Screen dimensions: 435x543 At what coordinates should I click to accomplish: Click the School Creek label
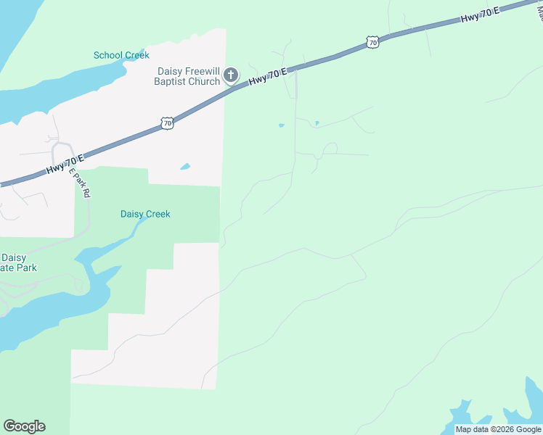pos(121,55)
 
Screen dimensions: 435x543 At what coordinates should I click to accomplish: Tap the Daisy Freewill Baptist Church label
pos(189,76)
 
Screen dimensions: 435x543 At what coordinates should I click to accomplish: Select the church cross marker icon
pos(231,75)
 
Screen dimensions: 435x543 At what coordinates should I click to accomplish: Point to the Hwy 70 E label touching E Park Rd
pos(65,163)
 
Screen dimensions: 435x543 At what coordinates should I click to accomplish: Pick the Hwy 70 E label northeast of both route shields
pos(479,16)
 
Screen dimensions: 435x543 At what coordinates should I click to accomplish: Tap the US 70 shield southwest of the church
pos(167,124)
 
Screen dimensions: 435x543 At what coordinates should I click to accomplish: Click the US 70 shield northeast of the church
pos(372,43)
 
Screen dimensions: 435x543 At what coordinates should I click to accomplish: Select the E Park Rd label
pos(81,183)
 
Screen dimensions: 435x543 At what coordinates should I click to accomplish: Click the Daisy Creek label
pos(144,214)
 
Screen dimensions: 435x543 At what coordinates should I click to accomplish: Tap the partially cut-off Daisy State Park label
pos(19,262)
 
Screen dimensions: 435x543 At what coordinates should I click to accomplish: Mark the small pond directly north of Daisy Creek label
pos(185,167)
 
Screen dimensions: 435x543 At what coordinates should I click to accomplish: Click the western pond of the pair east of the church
pos(281,125)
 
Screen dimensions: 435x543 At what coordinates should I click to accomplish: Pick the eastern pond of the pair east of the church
pos(317,123)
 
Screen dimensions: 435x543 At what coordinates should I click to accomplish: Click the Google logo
pos(24,426)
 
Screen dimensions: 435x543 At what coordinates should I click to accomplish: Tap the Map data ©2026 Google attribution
pos(498,429)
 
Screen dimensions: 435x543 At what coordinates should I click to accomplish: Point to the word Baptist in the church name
pos(170,81)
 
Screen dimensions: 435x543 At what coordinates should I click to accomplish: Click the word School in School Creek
pos(107,55)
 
